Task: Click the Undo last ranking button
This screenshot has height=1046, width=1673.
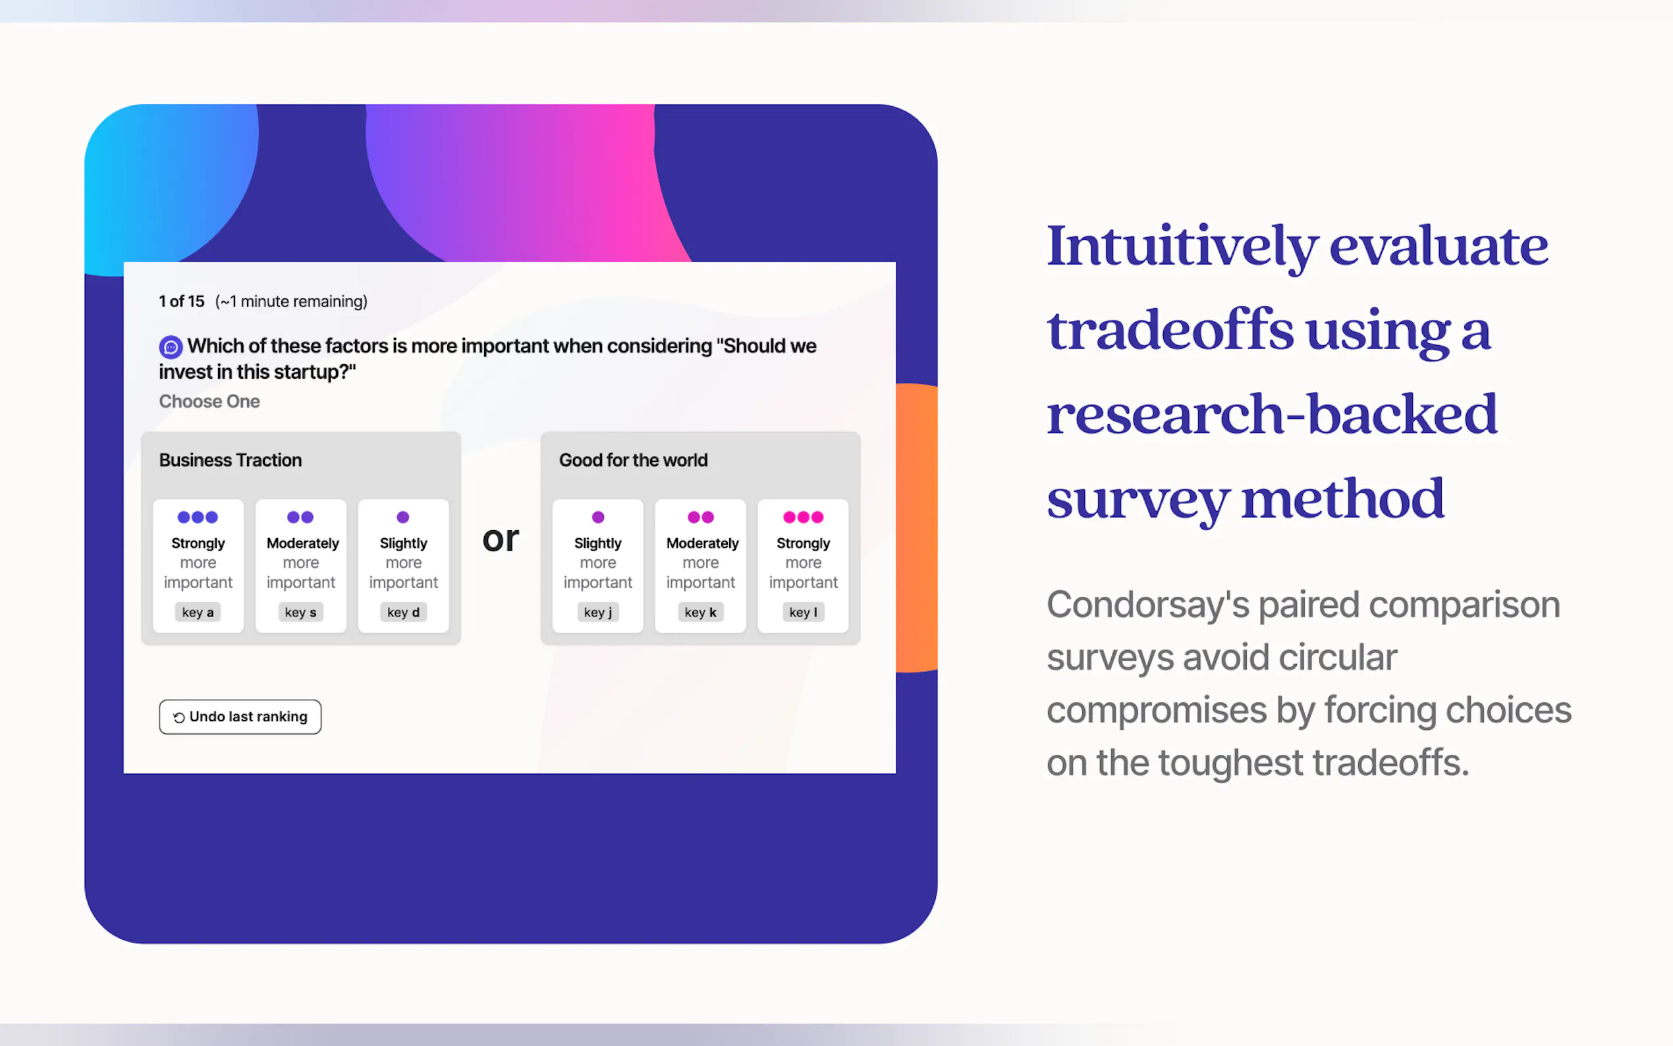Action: coord(239,717)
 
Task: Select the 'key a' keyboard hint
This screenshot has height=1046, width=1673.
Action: coord(198,612)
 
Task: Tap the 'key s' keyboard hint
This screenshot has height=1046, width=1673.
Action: coord(301,612)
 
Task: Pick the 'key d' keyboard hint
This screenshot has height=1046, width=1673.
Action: coord(403,612)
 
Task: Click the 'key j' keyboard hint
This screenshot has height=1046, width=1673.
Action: coord(597,612)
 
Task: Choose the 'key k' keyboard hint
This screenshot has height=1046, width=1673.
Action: coord(701,612)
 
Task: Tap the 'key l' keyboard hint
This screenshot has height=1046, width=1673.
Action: coord(803,612)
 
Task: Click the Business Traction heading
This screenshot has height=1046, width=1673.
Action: coord(231,460)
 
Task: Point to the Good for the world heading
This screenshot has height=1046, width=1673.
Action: coord(634,460)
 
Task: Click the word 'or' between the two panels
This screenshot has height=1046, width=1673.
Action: coord(501,539)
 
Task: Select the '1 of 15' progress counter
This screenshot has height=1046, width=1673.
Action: coord(182,302)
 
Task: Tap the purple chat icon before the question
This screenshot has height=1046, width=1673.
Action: coord(171,346)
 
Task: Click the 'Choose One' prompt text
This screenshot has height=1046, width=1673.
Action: coord(209,401)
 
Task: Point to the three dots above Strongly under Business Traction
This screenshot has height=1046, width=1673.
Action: coord(198,517)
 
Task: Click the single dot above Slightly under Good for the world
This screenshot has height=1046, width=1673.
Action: coord(598,517)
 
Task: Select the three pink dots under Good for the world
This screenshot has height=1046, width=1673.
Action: coord(803,517)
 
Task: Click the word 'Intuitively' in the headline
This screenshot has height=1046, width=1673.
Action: coord(1182,247)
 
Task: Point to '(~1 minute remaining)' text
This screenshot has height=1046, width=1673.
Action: coord(291,302)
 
